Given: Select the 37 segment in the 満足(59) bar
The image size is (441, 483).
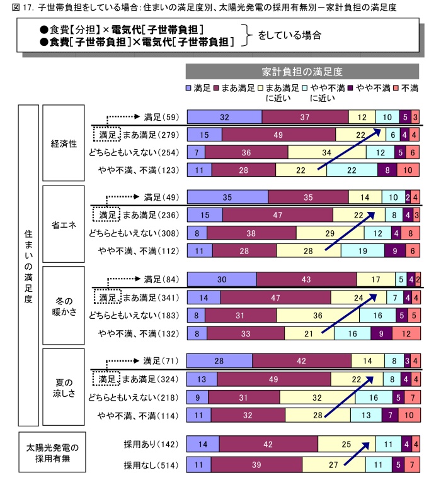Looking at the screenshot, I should point(305,117).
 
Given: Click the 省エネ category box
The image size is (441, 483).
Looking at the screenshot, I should point(64,225).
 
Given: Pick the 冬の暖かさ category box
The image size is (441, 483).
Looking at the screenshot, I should point(64,306).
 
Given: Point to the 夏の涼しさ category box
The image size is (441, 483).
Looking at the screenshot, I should point(64,387).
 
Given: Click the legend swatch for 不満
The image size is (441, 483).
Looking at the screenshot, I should point(397,87).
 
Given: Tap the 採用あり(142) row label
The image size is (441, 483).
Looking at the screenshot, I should point(152,444).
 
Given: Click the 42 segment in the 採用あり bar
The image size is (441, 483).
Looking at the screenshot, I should point(268,444).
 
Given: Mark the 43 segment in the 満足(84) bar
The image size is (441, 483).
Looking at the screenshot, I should point(307,279).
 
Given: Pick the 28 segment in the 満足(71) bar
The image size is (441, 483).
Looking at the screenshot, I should point(220,361).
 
